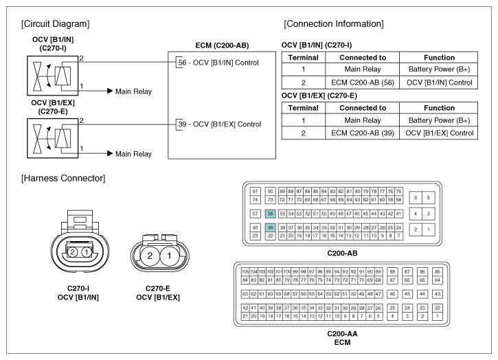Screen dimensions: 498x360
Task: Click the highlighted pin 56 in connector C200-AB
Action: pyautogui.click(x=270, y=214)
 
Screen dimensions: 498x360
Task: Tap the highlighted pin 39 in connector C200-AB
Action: pyautogui.click(x=270, y=227)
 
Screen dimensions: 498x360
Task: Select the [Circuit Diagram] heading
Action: pyautogui.click(x=55, y=24)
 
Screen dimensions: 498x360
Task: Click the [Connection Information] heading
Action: pyautogui.click(x=333, y=24)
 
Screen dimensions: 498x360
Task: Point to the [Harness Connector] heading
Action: pyautogui.click(x=63, y=178)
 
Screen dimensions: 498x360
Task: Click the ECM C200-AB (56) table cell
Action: pyautogui.click(x=363, y=82)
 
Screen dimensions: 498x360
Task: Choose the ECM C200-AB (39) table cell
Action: pyautogui.click(x=363, y=133)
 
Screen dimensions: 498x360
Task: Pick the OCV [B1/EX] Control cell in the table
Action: pyautogui.click(x=439, y=133)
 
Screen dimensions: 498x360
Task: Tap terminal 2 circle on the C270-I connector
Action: pyautogui.click(x=72, y=252)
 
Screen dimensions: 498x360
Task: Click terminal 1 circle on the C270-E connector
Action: pyautogui.click(x=169, y=256)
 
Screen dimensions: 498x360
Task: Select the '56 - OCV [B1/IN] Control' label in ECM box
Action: pyautogui.click(x=218, y=63)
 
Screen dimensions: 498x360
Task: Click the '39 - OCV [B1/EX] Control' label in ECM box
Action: pyautogui.click(x=220, y=124)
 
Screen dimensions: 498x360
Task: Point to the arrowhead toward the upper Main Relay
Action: pyautogui.click(x=110, y=91)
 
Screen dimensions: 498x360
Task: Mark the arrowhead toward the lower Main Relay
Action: pyautogui.click(x=110, y=153)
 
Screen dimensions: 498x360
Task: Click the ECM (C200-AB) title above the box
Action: pyautogui.click(x=222, y=45)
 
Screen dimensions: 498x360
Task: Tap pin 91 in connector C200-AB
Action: pyautogui.click(x=255, y=191)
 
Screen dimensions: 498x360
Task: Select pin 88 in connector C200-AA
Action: pyautogui.click(x=392, y=271)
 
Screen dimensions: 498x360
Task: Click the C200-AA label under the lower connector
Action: pyautogui.click(x=342, y=334)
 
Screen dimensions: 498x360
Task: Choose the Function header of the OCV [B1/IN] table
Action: pyautogui.click(x=439, y=58)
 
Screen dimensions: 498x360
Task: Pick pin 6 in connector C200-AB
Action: pyautogui.click(x=416, y=198)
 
